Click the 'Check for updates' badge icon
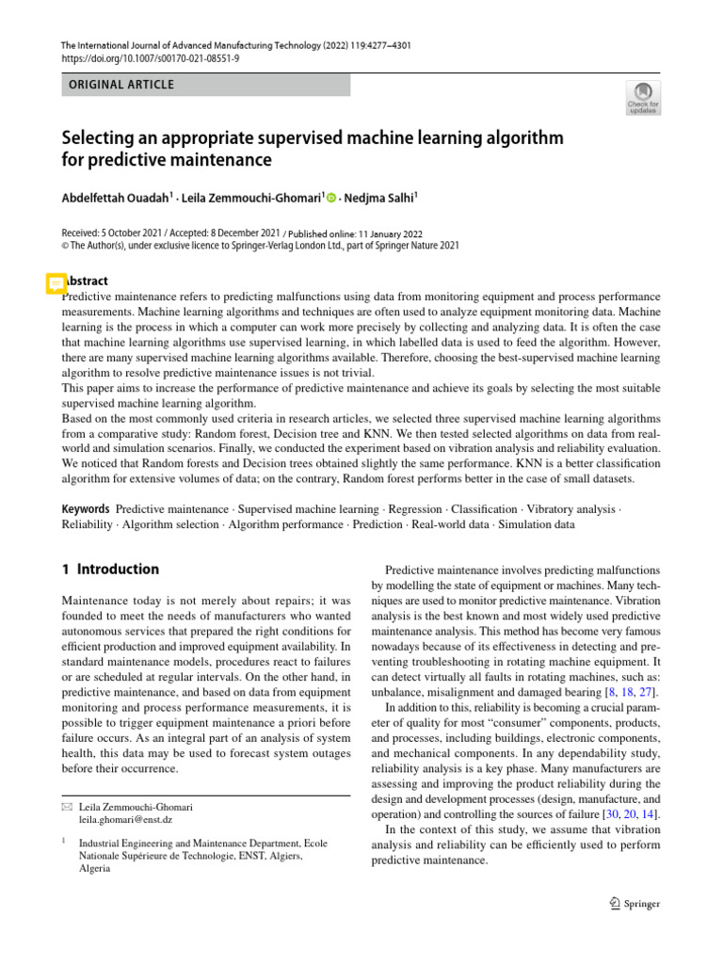642,98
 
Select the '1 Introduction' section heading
110,570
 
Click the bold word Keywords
86,508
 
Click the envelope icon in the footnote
66,808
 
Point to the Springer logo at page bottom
634,904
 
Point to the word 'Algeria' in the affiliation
95,869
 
